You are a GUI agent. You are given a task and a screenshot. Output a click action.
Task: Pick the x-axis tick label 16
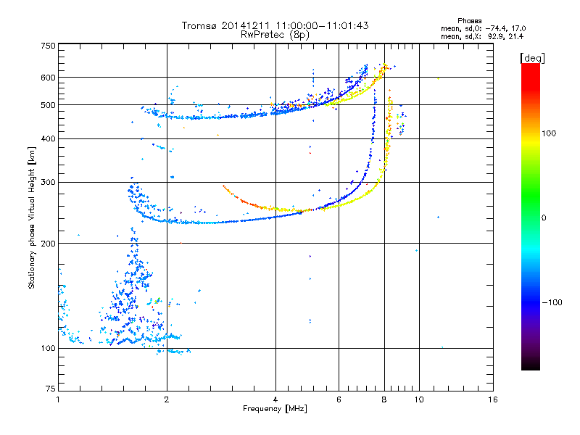coord(494,399)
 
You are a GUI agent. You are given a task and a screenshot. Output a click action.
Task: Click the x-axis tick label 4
coord(275,399)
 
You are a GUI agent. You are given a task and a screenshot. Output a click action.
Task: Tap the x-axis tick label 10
coord(418,399)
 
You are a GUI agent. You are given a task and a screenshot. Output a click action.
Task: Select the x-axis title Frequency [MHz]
coord(276,410)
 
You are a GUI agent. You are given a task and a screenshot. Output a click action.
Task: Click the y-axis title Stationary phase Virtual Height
coord(32,217)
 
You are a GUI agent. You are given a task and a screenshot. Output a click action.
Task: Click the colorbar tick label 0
coord(544,217)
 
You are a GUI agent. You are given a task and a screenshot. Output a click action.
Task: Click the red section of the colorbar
coord(530,80)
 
